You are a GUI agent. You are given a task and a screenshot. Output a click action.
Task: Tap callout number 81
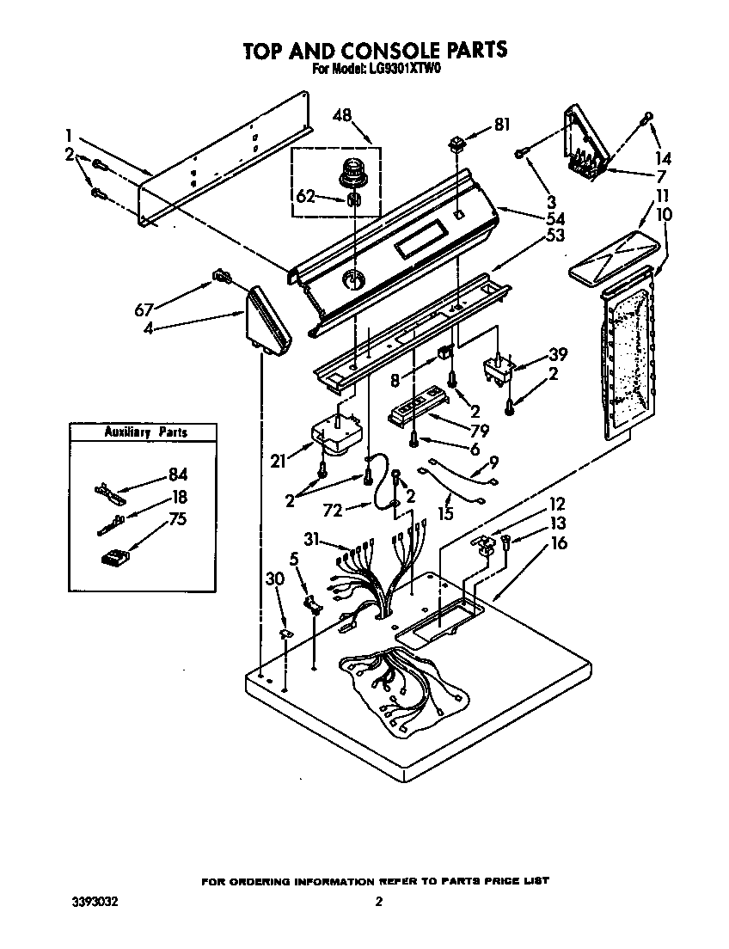501,125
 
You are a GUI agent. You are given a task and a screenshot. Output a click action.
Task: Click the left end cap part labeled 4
269,321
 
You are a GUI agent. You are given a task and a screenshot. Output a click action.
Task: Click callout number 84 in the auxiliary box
178,474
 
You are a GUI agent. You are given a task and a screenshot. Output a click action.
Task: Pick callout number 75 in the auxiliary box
178,519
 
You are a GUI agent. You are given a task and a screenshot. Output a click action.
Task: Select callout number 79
479,432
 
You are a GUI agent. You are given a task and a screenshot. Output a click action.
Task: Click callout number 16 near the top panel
558,542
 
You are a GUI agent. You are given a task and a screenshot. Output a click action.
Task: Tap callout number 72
333,511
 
